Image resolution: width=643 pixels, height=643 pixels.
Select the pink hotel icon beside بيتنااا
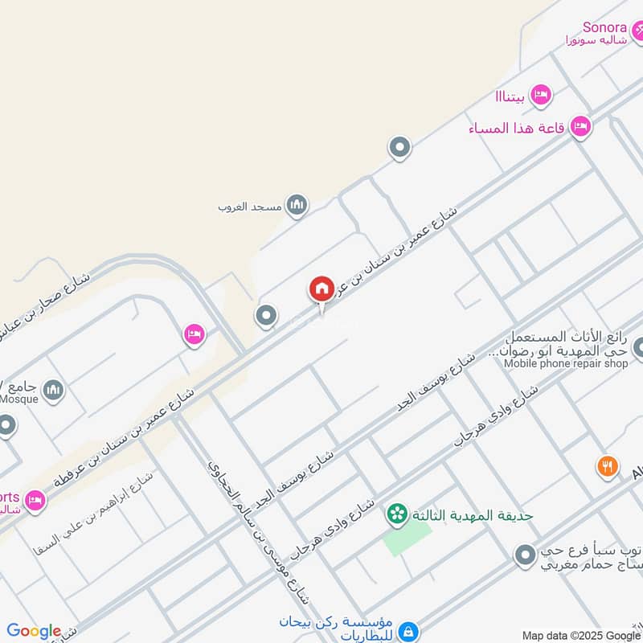542,95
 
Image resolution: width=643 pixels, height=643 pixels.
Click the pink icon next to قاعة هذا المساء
580,126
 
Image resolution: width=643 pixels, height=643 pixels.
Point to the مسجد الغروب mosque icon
297,206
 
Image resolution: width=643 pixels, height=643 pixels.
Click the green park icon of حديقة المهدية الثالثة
395,513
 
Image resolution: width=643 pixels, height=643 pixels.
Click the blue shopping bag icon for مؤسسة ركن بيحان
408,631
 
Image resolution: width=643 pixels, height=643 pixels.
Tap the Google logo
34,631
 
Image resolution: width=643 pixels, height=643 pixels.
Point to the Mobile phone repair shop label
566,363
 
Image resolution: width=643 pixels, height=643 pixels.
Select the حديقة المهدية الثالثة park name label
472,514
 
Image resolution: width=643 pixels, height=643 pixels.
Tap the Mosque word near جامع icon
17,395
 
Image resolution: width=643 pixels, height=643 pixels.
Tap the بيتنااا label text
510,96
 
